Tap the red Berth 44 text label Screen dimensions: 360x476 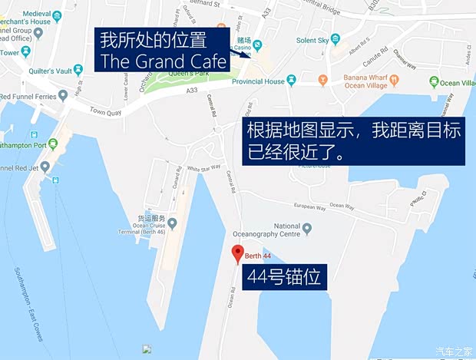(259, 256)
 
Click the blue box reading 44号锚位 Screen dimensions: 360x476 (286, 278)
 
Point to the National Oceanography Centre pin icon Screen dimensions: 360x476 (307, 228)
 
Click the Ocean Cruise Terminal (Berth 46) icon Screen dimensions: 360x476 (172, 223)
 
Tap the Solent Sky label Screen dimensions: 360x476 (312, 40)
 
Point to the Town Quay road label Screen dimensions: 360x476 (107, 112)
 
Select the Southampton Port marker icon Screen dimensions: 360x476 (52, 144)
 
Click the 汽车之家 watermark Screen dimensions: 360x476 (454, 352)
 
